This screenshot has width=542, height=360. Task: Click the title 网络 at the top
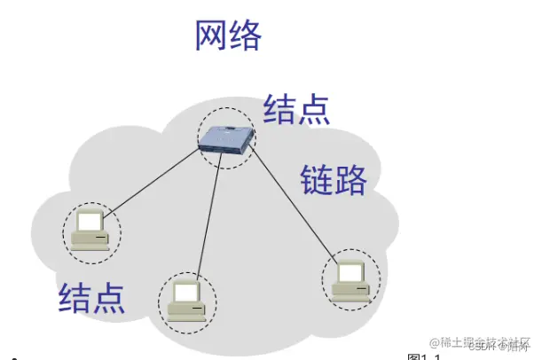click(229, 35)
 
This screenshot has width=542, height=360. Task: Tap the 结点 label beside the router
click(296, 109)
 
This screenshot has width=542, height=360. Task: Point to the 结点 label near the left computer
click(91, 297)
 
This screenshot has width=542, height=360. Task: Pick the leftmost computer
click(91, 229)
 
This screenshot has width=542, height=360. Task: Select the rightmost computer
click(350, 278)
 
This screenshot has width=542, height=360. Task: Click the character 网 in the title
click(212, 35)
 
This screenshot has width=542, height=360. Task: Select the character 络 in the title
click(246, 35)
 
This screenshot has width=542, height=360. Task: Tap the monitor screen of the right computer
click(352, 270)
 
